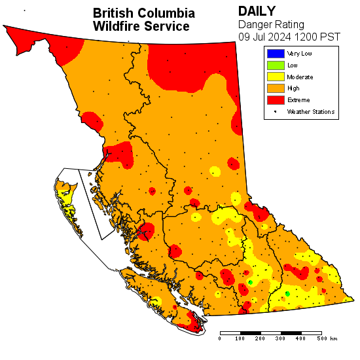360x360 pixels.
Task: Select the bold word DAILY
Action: [x=257, y=11]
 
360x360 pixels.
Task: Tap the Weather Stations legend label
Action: [x=311, y=112]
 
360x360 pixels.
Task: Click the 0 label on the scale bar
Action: [x=220, y=339]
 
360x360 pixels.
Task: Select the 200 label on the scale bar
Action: [x=260, y=339]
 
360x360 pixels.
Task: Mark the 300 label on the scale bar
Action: [x=280, y=339]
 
